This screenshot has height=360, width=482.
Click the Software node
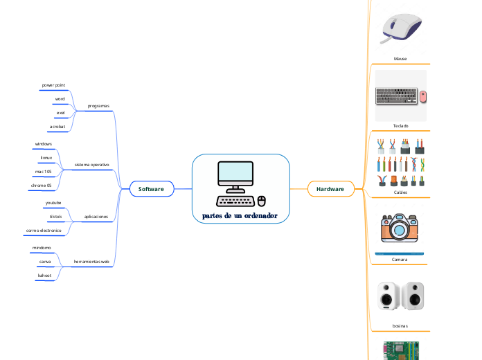click(151, 188)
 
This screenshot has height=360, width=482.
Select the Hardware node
click(330, 188)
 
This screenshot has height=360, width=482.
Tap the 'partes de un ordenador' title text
click(240, 215)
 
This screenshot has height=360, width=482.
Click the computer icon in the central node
click(240, 183)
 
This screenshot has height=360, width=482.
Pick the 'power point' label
click(54, 84)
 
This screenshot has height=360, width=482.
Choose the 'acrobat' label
click(57, 127)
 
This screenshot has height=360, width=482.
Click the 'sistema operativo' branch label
click(91, 165)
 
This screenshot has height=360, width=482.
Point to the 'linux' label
click(46, 158)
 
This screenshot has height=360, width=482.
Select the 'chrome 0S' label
click(42, 186)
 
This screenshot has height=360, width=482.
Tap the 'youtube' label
click(53, 203)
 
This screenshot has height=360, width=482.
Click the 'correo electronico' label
click(44, 230)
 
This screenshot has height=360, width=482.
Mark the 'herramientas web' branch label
click(92, 262)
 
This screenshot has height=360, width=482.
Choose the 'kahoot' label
click(44, 276)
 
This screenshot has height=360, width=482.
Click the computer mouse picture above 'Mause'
click(401, 29)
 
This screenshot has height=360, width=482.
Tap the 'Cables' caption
click(400, 193)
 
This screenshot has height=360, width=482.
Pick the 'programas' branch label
click(98, 106)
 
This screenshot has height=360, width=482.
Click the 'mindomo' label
click(42, 247)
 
